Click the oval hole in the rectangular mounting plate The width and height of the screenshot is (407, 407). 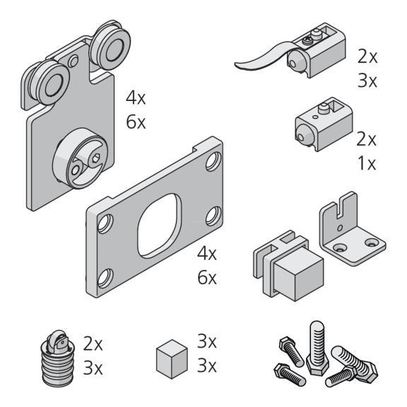(x=160, y=225)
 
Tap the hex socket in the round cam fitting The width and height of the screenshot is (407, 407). (x=96, y=158)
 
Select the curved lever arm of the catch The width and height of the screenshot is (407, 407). (x=262, y=57)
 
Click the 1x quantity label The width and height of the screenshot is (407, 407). (x=367, y=163)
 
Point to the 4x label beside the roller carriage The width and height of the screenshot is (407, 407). (x=136, y=98)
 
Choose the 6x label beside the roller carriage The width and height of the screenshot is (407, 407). (x=136, y=122)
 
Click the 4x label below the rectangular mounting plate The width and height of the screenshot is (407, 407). (x=207, y=254)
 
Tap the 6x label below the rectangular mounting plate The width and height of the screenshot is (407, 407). (x=207, y=278)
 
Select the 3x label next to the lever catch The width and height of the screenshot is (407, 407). (x=367, y=81)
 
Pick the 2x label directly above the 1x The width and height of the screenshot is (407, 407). (x=366, y=139)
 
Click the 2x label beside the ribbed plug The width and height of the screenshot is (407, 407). (x=93, y=344)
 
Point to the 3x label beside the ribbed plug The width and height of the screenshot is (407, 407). (x=93, y=368)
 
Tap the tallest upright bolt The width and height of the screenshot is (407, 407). (x=317, y=348)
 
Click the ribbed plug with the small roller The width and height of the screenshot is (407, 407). (x=58, y=359)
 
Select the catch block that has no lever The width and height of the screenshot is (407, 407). (x=324, y=124)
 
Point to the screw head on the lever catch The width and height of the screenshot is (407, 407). (x=307, y=40)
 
